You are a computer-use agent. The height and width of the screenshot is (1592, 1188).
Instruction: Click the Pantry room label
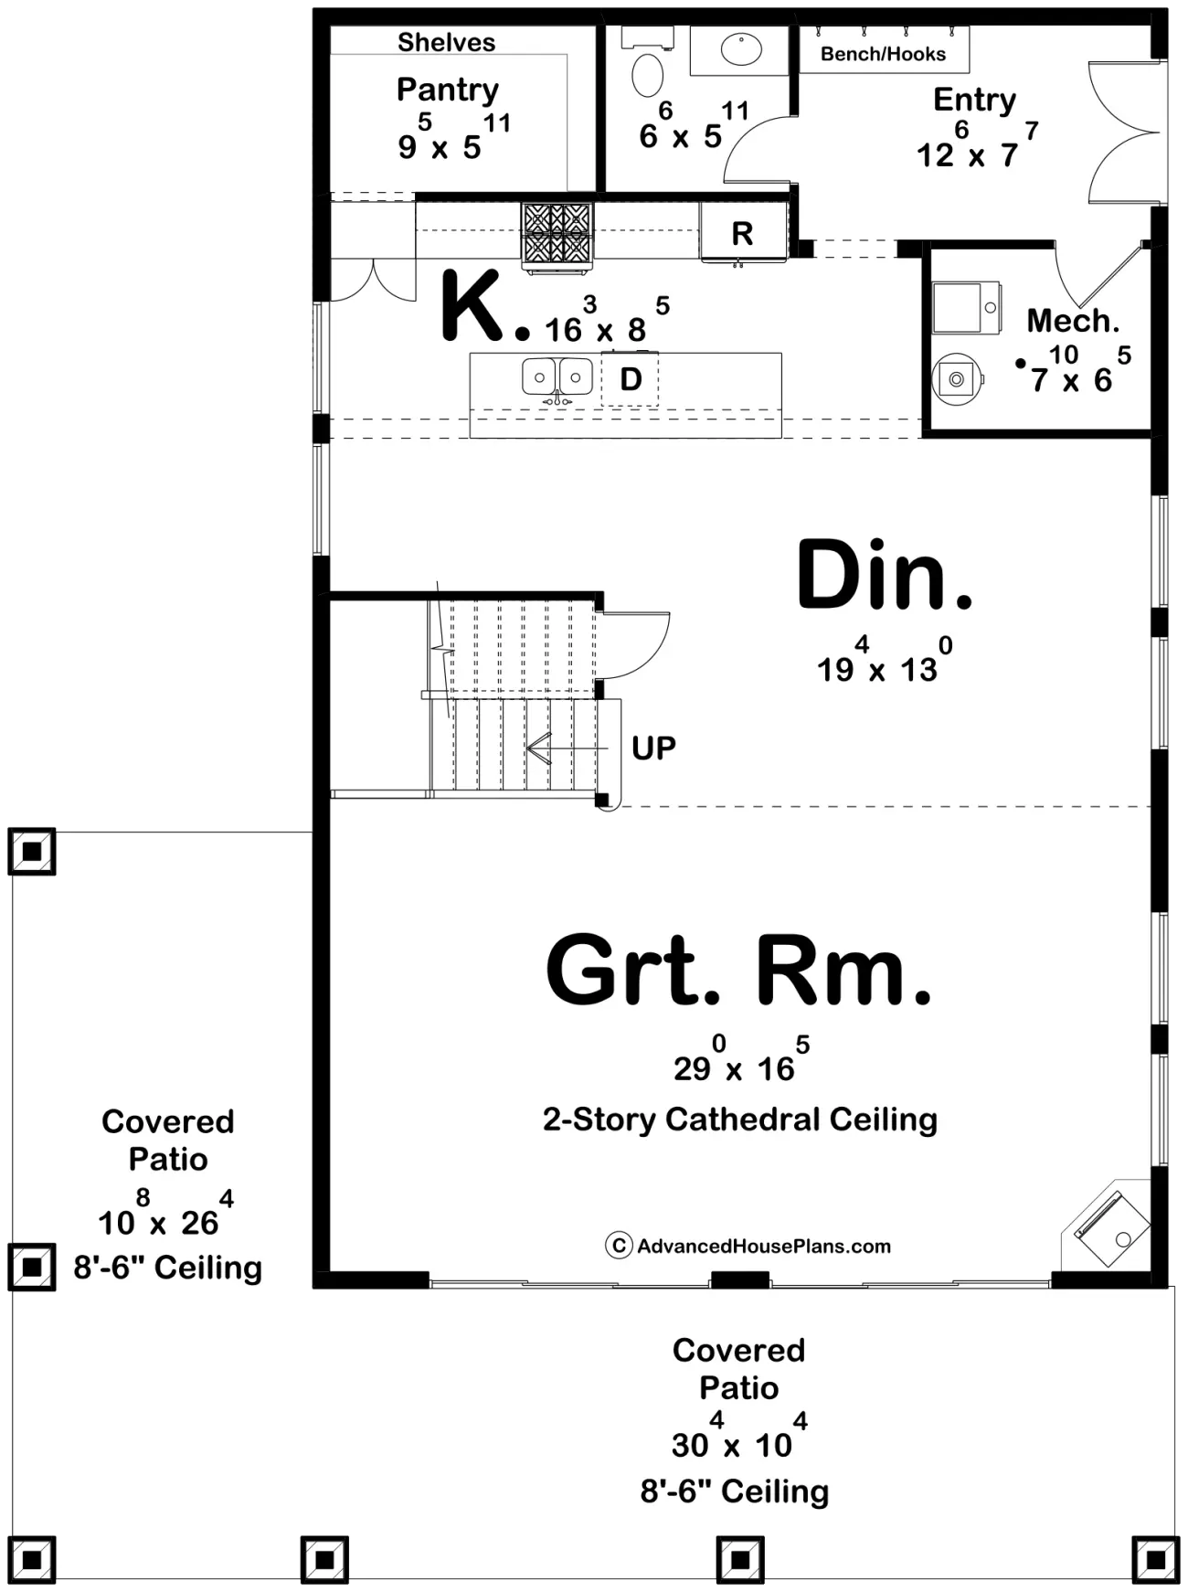(x=448, y=90)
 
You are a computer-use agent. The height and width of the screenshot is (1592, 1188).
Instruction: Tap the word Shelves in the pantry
(x=446, y=42)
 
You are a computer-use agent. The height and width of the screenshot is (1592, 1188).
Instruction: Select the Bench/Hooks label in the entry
(x=883, y=54)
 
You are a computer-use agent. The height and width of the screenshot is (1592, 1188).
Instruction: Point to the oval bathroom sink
(x=741, y=49)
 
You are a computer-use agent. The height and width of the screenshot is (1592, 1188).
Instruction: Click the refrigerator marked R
(x=743, y=232)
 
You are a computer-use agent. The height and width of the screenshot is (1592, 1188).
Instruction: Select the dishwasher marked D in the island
(x=631, y=378)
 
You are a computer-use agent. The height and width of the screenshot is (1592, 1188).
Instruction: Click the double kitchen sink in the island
(x=556, y=377)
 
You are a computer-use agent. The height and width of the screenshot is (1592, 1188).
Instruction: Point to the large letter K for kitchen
(x=472, y=305)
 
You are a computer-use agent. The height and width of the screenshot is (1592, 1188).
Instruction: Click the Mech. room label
(x=1073, y=321)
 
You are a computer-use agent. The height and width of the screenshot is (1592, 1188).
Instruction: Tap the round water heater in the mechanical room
(x=956, y=378)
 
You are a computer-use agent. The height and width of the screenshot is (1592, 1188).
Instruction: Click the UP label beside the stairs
(x=653, y=748)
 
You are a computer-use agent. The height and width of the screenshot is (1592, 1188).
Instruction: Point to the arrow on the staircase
(x=567, y=748)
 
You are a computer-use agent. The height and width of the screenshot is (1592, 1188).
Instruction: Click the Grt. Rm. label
(x=738, y=970)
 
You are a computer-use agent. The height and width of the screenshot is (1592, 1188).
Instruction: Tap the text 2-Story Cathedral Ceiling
(x=740, y=1120)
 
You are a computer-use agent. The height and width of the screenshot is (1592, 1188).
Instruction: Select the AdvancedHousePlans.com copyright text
(x=748, y=1246)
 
